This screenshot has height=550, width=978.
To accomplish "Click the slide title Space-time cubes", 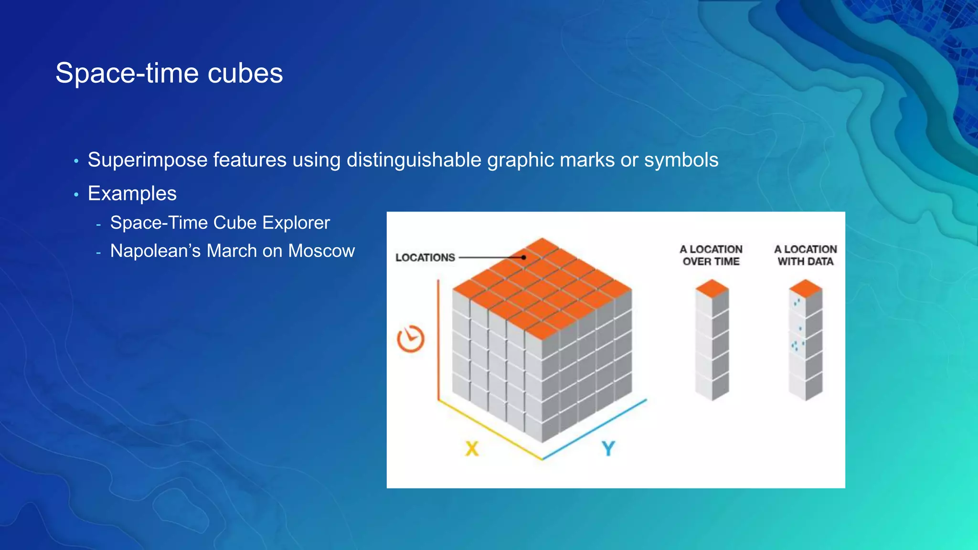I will tap(169, 73).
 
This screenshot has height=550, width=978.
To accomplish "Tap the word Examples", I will tap(132, 193).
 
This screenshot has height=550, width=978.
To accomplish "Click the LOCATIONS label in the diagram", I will tap(425, 258).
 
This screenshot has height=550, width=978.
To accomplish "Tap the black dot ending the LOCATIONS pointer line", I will tap(524, 257).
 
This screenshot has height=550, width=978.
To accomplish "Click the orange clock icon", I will tap(411, 339).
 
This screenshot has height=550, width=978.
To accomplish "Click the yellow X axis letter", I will tap(472, 449).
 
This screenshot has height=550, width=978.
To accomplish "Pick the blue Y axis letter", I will tap(608, 449).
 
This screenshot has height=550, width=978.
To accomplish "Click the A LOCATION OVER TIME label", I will tap(711, 255).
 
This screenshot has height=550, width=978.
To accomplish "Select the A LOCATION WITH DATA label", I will tap(806, 255).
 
